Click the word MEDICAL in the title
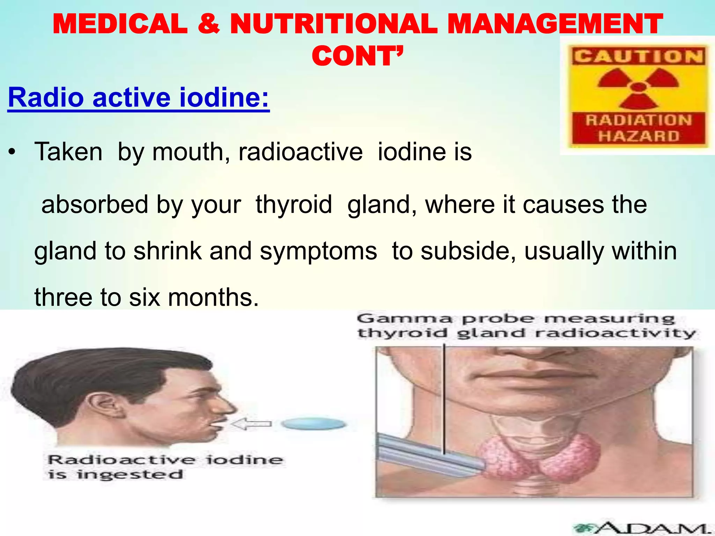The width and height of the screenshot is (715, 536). pos(120,24)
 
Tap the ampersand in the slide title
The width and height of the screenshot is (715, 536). pos(208,24)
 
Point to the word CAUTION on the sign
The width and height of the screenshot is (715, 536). pos(638,57)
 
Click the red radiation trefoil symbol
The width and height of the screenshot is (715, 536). pos(638,87)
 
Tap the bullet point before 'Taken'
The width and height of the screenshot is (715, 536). pos(13,153)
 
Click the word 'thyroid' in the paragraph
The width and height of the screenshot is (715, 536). pos(294,205)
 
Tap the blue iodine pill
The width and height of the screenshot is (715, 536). pos(313,424)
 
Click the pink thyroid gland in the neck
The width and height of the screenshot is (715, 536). pos(538,457)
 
